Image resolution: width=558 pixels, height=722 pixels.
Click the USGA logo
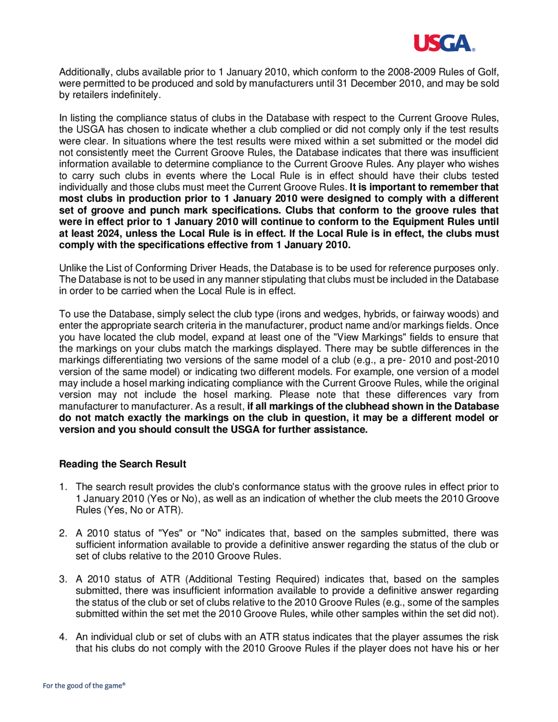(444, 43)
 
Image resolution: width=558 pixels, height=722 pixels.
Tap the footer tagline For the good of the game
(84, 686)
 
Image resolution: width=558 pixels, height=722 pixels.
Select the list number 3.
(63, 579)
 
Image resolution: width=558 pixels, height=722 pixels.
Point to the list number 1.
(63, 487)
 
